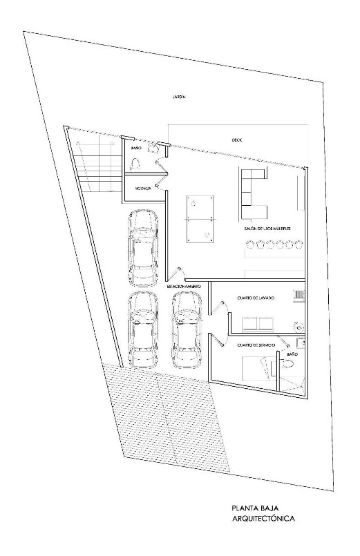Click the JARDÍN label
180,97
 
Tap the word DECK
236,140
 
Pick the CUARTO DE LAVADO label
256,298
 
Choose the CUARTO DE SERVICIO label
256,344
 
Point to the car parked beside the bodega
143,248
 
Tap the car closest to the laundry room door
186,329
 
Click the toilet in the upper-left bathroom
135,163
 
